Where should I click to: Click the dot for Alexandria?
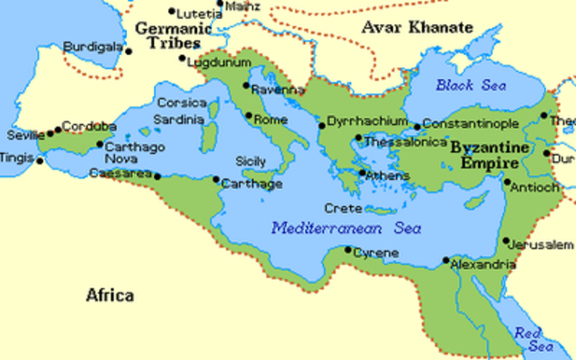click(445, 260)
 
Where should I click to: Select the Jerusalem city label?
click(540, 245)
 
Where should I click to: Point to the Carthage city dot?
click(216, 180)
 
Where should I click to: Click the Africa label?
click(111, 295)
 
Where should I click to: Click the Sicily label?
click(251, 161)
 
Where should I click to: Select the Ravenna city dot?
click(246, 85)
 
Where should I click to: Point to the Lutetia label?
click(200, 13)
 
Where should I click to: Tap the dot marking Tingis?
click(39, 161)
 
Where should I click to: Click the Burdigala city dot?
click(129, 51)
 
